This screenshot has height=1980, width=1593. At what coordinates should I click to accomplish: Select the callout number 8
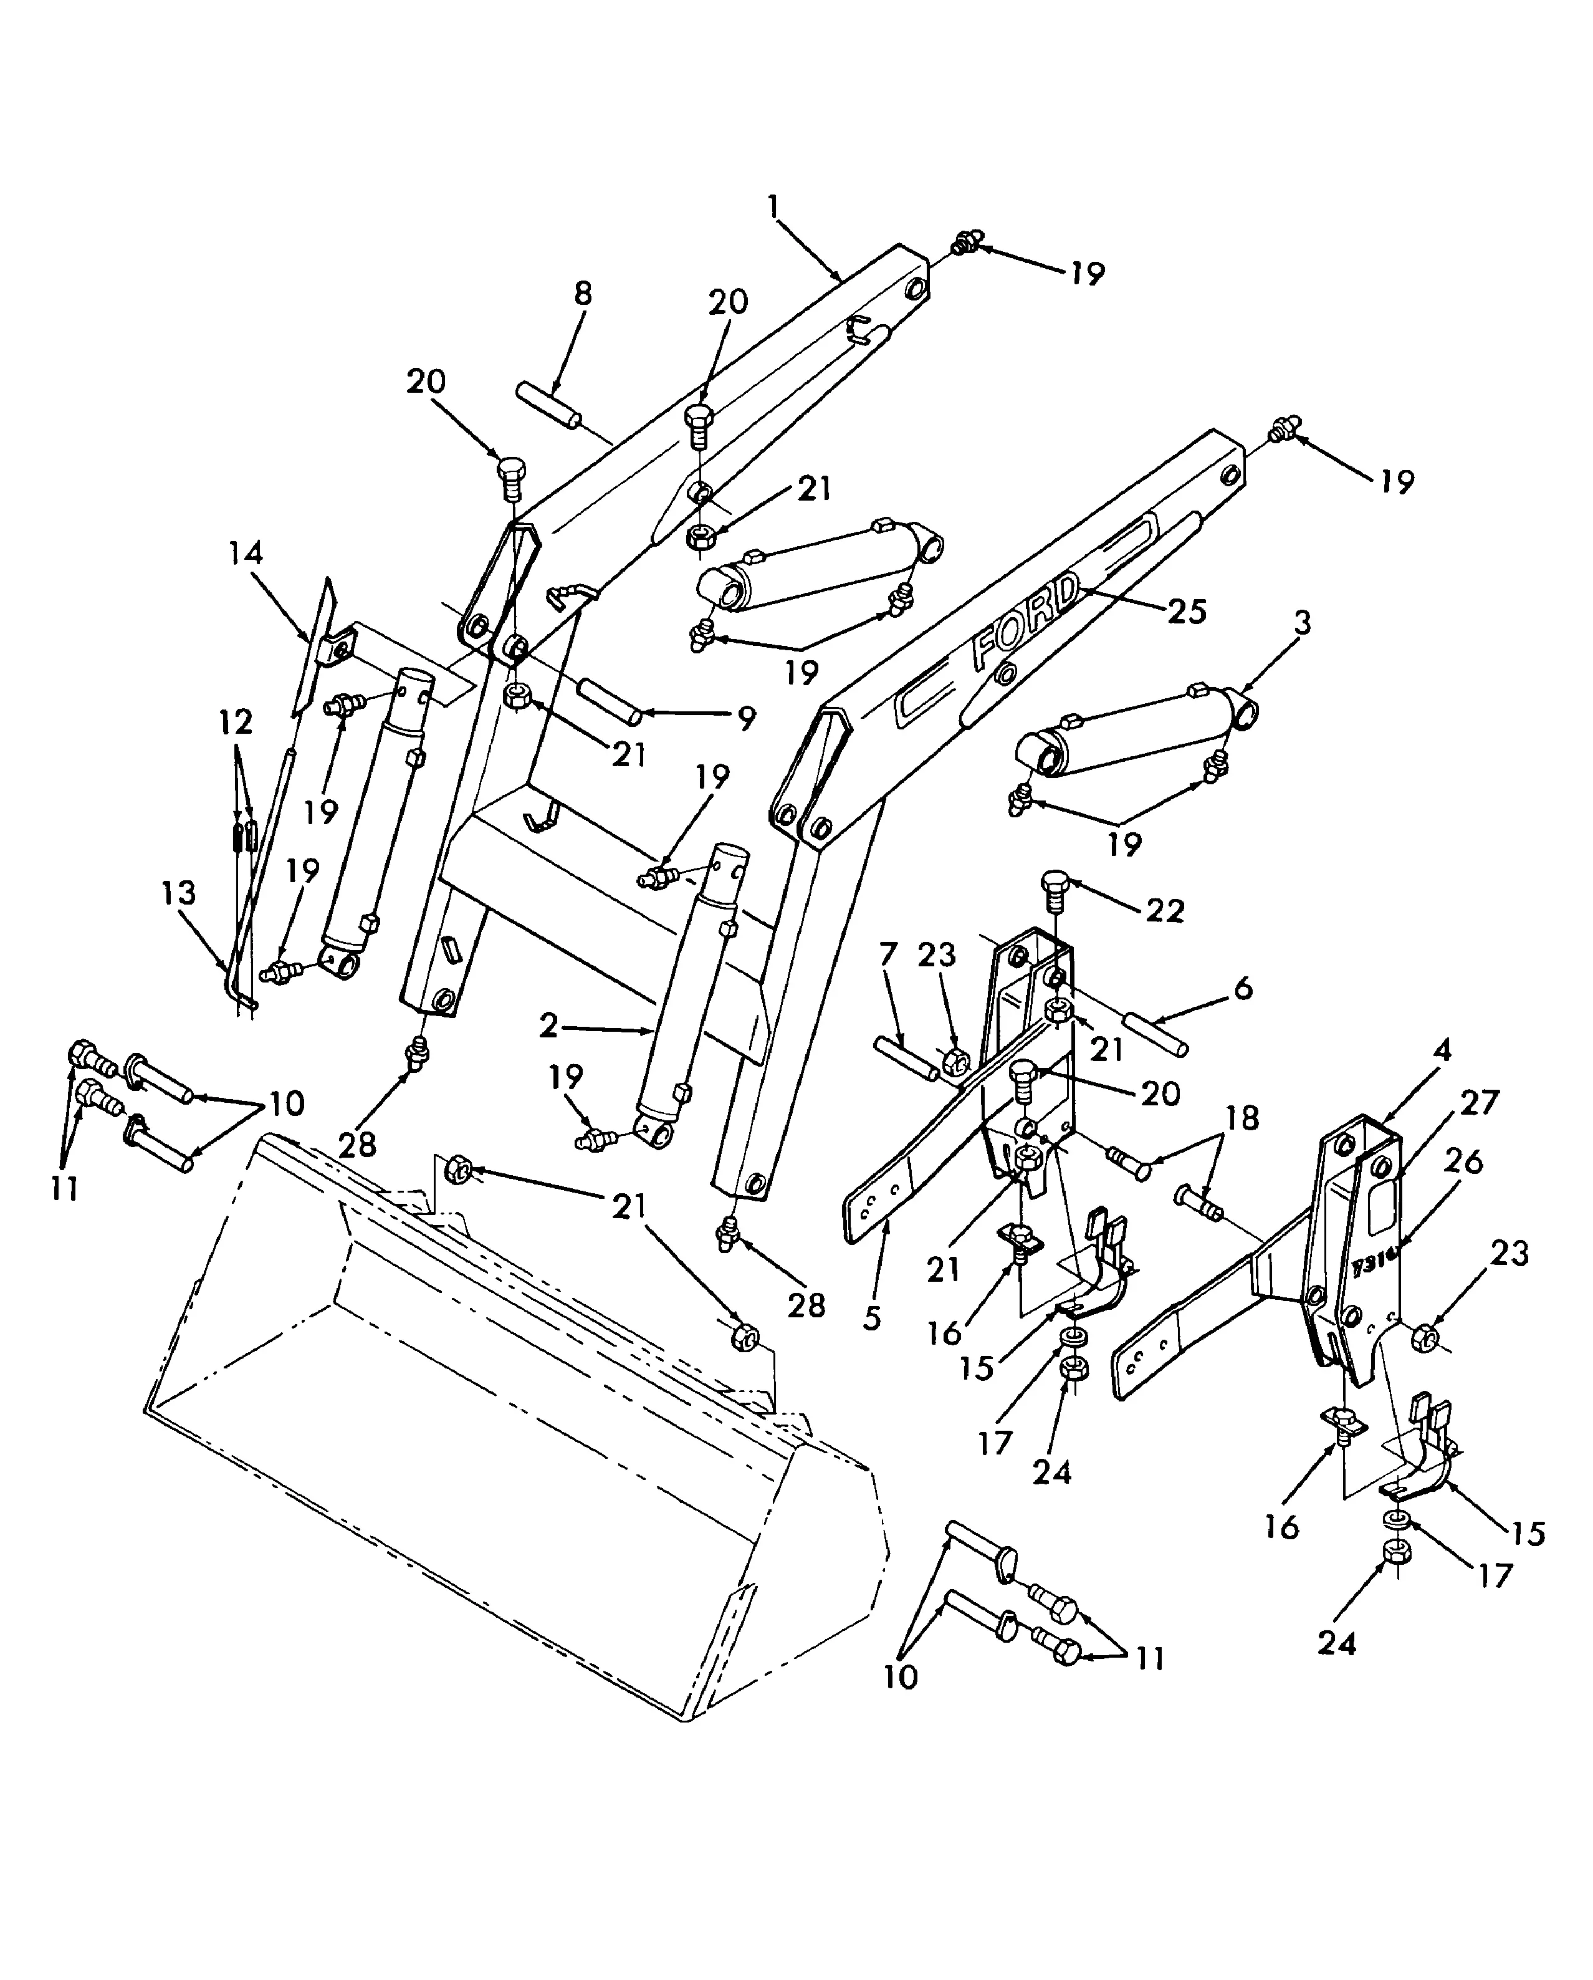tap(582, 294)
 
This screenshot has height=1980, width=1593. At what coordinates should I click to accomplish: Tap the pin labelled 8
tap(548, 406)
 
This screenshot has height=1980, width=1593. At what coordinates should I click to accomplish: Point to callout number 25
tap(1185, 612)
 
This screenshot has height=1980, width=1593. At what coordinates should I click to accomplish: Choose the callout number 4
tap(1442, 1050)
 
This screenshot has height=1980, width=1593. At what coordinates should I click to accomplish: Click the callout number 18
tap(1241, 1118)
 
